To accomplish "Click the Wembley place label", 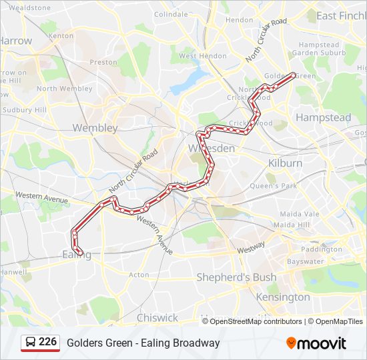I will point(95,127).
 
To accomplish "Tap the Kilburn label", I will point(285,163).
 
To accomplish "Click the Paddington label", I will point(321,249).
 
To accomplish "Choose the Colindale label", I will point(171,14).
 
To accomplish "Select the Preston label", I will point(103,62).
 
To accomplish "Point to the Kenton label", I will point(61,35).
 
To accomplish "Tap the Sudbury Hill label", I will point(24,109).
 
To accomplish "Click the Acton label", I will point(139,275).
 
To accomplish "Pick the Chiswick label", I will point(157,317).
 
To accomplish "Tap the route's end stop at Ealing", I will point(80,253).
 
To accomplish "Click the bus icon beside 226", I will point(31,342).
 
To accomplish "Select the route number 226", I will point(47,342).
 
